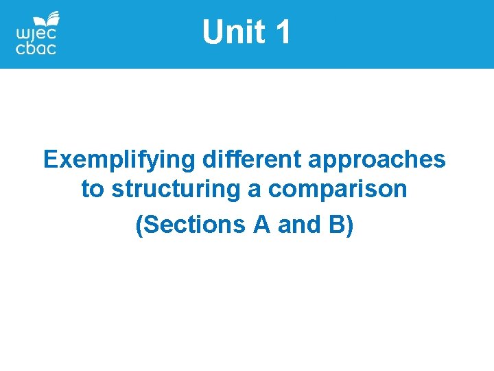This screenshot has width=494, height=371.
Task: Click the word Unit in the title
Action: [x=233, y=32]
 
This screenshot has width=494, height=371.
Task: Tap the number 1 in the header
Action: [x=283, y=32]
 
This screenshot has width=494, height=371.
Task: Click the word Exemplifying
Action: [x=120, y=159]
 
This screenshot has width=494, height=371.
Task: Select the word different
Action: [x=252, y=159]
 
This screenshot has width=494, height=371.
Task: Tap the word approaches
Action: [x=377, y=161]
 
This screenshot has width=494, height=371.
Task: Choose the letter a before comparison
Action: [x=255, y=190]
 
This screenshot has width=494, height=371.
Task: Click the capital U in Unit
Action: [x=213, y=32]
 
